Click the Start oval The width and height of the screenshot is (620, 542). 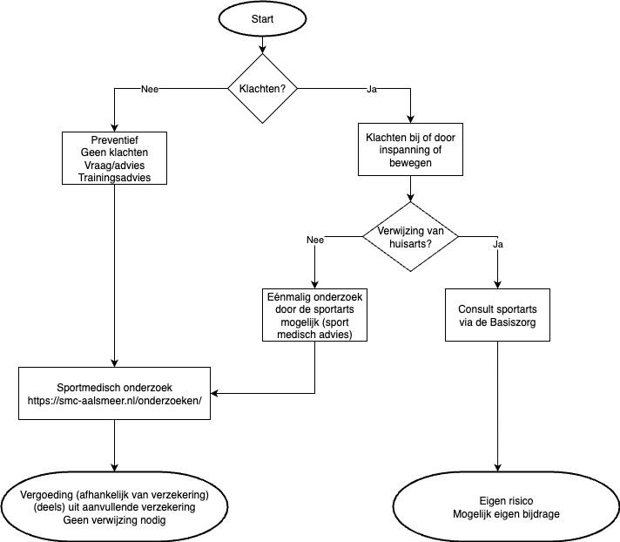tap(262, 18)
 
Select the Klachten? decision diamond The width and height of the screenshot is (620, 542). tap(262, 89)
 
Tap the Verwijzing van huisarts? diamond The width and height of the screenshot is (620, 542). tap(410, 237)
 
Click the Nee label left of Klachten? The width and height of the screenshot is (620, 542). tap(150, 89)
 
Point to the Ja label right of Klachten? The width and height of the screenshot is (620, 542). tap(372, 89)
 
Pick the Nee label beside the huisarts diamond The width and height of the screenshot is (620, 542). tap(315, 240)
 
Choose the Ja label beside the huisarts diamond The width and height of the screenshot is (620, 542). tap(498, 244)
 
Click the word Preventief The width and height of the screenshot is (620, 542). tap(114, 139)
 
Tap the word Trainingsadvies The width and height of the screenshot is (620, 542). tap(114, 178)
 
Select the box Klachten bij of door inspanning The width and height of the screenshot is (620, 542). tap(410, 150)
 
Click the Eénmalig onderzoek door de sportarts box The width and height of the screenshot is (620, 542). tap(314, 315)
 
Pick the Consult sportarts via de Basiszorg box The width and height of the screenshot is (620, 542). tap(497, 315)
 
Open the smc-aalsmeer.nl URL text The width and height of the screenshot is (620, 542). tap(114, 400)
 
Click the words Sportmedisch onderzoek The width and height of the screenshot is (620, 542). tap(114, 387)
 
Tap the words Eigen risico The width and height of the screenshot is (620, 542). tap(506, 501)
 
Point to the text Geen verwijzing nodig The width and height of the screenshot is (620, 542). tap(114, 520)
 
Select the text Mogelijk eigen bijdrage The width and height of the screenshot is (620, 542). tap(506, 514)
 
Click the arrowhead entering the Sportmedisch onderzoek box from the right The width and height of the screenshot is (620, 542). tap(214, 393)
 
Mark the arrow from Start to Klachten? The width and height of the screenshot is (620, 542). tap(262, 45)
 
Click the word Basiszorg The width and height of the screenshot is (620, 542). tap(513, 322)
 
